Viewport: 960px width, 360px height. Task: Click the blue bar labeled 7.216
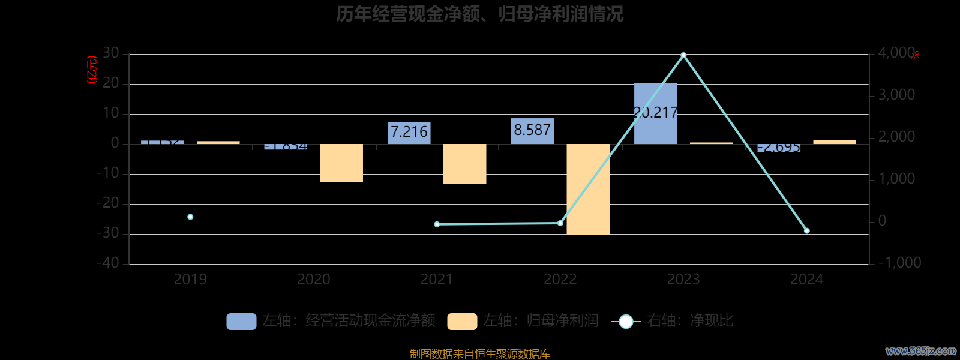point(409,133)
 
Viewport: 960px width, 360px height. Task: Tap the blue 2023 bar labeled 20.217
point(655,114)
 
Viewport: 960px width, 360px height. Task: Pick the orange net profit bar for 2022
point(588,189)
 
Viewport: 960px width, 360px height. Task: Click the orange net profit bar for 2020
point(341,163)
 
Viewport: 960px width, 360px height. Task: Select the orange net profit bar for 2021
point(464,164)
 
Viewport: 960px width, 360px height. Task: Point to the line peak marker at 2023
point(683,55)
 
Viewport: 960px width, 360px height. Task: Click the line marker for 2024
point(806,231)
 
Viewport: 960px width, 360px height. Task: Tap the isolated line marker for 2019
point(190,217)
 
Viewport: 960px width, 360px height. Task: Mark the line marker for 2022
point(560,223)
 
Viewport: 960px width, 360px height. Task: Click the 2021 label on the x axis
point(437,280)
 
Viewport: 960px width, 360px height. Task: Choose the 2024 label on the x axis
point(806,280)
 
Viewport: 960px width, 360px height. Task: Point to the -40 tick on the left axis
point(108,263)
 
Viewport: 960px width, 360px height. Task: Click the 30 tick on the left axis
point(110,53)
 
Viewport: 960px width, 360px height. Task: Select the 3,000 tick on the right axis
point(896,95)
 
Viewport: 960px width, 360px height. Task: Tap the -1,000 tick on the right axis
point(899,263)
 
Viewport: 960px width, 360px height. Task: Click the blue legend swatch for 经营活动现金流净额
point(241,322)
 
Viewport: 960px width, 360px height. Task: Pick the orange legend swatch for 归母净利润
point(462,322)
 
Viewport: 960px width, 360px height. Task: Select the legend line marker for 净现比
point(626,322)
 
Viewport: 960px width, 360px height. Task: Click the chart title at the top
point(479,14)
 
